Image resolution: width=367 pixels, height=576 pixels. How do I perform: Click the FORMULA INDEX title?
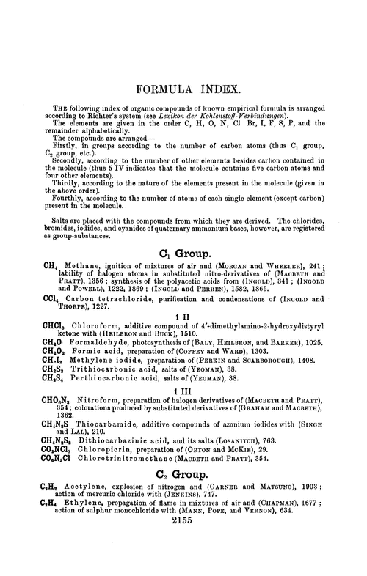(x=183, y=91)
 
